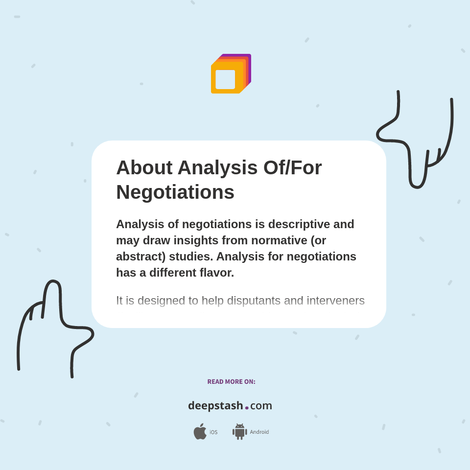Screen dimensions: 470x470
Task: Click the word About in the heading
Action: click(144, 168)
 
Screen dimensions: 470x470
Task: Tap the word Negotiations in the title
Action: click(175, 192)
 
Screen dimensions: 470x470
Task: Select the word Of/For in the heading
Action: click(292, 168)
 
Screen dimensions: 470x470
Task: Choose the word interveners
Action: click(336, 301)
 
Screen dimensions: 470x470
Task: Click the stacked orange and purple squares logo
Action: click(231, 74)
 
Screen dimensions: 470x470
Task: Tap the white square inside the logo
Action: click(225, 79)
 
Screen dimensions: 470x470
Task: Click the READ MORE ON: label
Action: click(231, 382)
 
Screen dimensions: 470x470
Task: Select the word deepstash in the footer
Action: click(215, 406)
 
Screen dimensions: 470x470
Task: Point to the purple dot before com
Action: click(247, 407)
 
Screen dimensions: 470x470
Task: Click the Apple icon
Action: click(200, 432)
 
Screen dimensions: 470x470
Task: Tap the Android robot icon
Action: click(239, 432)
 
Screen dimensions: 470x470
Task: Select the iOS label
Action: click(213, 432)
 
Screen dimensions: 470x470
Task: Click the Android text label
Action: click(259, 432)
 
